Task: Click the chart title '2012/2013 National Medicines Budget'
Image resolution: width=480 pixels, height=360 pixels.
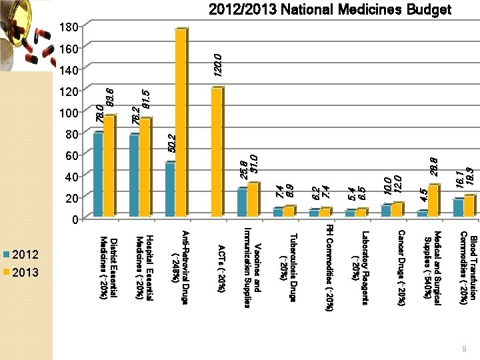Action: [330, 10]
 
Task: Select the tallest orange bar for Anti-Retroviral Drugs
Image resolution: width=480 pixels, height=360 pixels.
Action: [180, 123]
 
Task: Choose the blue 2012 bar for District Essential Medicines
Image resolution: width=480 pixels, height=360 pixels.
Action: [98, 175]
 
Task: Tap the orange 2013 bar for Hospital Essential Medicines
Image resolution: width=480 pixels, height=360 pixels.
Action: [144, 167]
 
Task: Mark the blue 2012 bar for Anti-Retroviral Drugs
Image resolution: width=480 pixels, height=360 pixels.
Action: [170, 189]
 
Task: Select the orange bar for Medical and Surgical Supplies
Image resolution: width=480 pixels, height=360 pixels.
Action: [433, 201]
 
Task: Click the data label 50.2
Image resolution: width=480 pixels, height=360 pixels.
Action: [172, 147]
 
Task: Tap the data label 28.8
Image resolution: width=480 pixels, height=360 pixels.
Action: [435, 167]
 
